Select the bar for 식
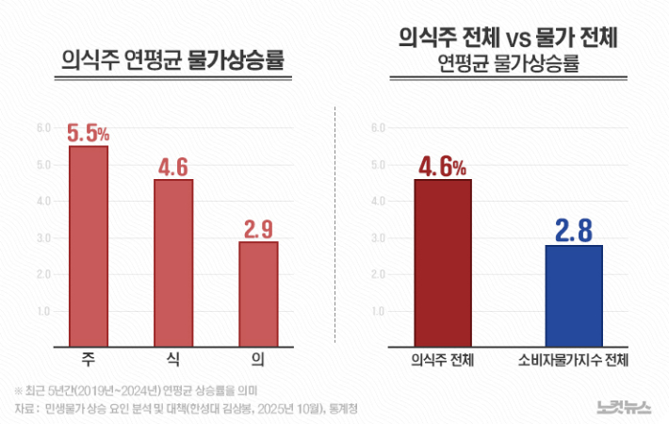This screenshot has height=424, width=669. [x=173, y=263]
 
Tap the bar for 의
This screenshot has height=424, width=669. [x=257, y=294]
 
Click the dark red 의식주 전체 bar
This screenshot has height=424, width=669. [x=442, y=263]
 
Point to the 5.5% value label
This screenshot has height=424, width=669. [x=88, y=133]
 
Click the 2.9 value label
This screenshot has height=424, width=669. [x=258, y=229]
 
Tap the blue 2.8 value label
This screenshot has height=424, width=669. [x=573, y=230]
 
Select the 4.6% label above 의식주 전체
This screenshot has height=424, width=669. [x=442, y=166]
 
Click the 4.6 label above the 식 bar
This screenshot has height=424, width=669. [x=173, y=167]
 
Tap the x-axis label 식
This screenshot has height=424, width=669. [x=173, y=361]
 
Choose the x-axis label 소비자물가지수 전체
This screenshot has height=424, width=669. [x=573, y=361]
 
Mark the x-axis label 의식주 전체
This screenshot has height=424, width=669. [x=442, y=361]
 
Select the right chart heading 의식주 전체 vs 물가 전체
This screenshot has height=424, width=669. [x=514, y=39]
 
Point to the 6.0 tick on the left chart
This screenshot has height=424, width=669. [x=43, y=128]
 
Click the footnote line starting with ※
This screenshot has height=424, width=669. [x=137, y=390]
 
